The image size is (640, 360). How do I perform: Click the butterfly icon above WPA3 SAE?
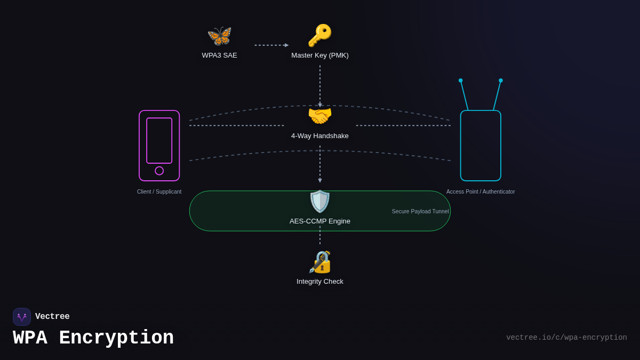coord(219,36)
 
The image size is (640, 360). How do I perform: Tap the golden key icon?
coord(319,35)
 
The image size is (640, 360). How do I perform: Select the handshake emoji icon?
coord(320,116)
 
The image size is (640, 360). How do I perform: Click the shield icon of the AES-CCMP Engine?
coord(320,202)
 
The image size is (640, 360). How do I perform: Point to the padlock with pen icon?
coord(320,262)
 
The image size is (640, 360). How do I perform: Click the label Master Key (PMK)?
coord(320,55)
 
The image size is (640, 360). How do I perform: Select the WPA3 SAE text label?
coord(219,55)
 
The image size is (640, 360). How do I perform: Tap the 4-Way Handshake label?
coord(320,136)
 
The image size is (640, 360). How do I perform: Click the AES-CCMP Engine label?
coord(320,221)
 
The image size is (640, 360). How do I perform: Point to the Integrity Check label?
coord(320,282)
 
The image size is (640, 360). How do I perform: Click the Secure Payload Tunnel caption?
coord(420,212)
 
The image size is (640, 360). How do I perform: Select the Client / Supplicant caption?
coord(159,192)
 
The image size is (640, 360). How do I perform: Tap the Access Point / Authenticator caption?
coord(481,192)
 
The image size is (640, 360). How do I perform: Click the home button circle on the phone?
coord(159,171)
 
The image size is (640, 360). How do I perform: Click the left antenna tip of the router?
coord(461,81)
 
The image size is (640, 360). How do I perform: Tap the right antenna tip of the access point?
coord(501,81)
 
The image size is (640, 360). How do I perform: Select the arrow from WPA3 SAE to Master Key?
coord(271,45)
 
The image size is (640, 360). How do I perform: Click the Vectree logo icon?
coord(22,317)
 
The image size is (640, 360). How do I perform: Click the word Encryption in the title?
coord(116,338)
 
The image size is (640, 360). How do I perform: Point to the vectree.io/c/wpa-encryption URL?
coord(566,338)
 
